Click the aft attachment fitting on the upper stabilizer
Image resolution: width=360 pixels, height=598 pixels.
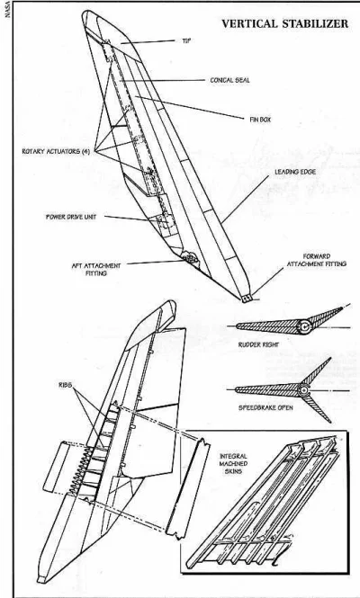pyautogui.click(x=189, y=258)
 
